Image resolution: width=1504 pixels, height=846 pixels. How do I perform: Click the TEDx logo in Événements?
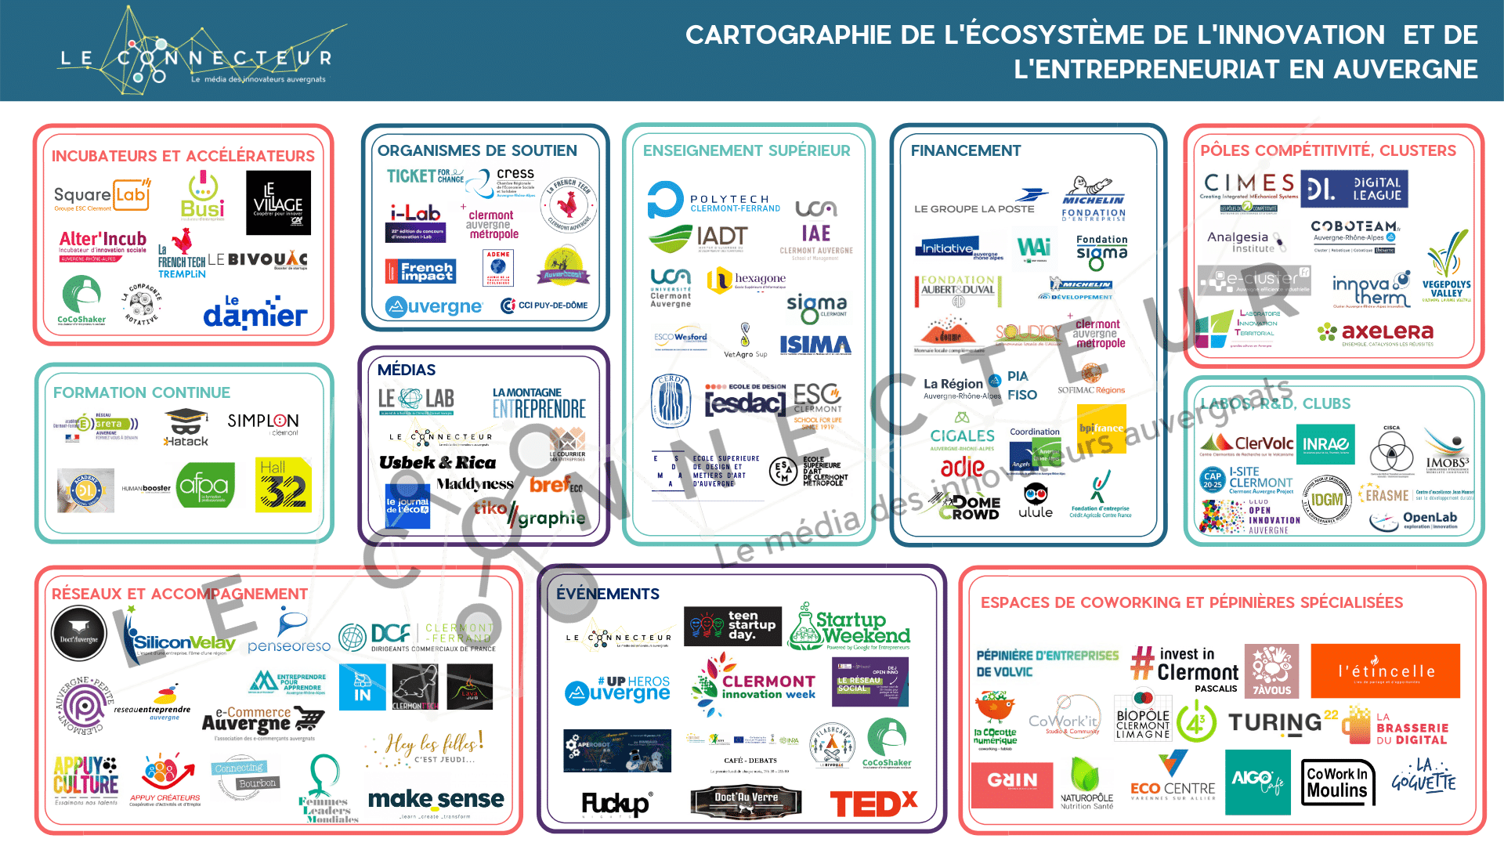pos(873,804)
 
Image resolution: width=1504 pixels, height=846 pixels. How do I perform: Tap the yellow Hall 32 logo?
pos(284,486)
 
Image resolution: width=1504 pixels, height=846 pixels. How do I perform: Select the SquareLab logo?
pos(102,195)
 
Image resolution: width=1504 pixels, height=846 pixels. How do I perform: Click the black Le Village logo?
pos(278,203)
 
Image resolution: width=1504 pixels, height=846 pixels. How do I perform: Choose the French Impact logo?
pos(421,272)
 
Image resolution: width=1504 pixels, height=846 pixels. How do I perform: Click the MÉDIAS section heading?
pos(406,370)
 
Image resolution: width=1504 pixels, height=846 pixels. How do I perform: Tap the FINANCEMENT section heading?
pos(965,150)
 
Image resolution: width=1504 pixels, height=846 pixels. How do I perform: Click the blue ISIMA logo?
pos(815,345)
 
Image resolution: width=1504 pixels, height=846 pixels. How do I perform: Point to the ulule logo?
pos(1035,501)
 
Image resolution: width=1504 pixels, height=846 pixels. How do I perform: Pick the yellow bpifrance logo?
pos(1101,428)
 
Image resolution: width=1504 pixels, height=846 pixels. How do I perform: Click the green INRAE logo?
pos(1325,444)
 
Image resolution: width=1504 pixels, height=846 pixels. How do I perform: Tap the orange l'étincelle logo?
pos(1385,671)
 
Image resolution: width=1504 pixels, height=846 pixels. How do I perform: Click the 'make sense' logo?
pos(436,800)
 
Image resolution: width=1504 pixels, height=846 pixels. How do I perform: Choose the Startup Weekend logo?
pos(851,627)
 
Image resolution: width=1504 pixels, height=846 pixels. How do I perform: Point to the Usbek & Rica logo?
pos(437,462)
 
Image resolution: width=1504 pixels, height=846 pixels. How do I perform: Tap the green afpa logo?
pos(204,486)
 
